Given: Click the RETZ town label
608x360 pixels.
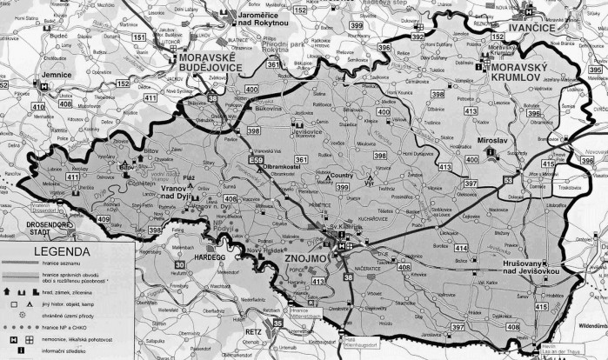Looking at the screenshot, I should (x=253, y=332).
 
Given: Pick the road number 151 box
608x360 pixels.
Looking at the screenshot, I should (x=139, y=38).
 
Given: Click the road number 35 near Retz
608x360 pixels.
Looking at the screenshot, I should (x=277, y=323).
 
